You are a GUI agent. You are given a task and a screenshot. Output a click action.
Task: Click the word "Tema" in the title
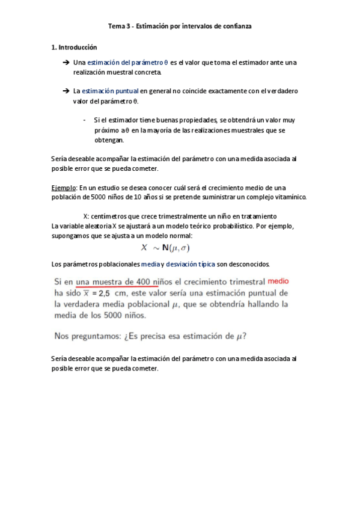coord(115,26)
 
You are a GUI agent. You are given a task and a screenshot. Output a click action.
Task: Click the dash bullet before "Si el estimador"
coord(84,120)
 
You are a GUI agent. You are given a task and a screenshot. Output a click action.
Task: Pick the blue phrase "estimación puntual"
coord(114,91)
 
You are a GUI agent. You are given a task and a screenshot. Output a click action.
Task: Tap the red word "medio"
coord(278,281)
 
